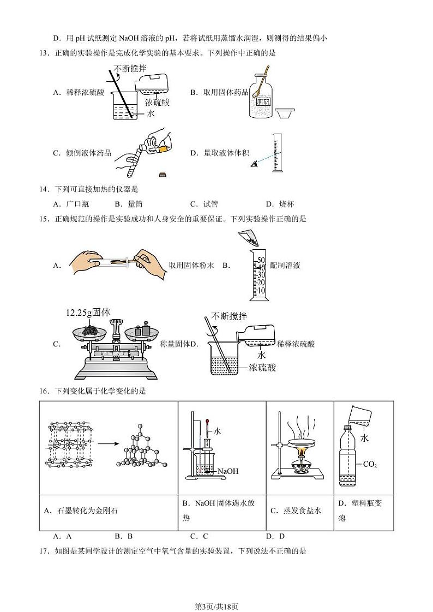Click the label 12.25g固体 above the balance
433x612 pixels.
[88, 313]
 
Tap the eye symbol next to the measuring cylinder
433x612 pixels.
[254, 164]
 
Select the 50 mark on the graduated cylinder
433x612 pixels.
[261, 260]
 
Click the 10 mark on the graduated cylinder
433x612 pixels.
[261, 290]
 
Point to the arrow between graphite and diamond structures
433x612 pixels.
[104, 443]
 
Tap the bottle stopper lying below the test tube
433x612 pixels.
[162, 175]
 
